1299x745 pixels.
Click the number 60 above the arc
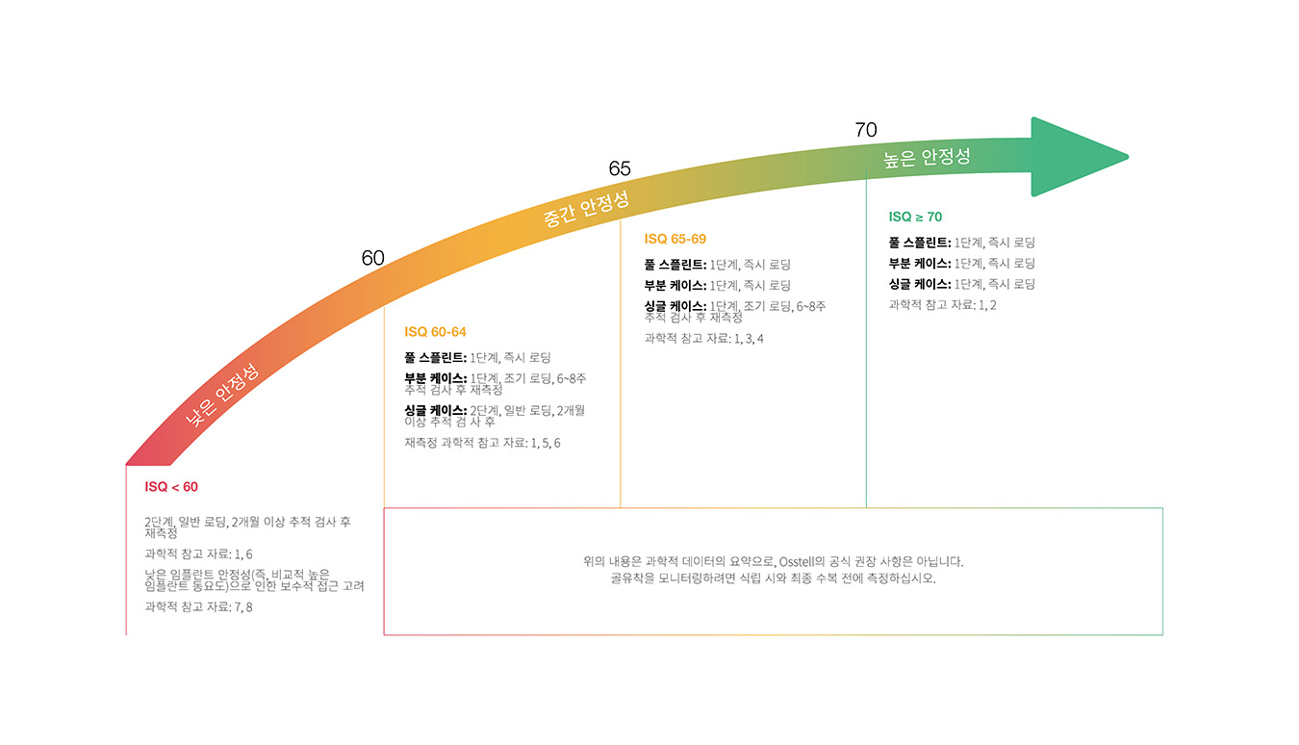tap(372, 258)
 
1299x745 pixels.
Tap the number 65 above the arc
tap(620, 168)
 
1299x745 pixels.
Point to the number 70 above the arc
tap(866, 130)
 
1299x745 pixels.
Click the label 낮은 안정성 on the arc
tap(223, 396)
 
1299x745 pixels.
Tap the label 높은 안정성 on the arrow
tap(927, 157)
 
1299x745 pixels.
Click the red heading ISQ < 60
tap(171, 487)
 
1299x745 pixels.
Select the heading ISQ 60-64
tap(435, 332)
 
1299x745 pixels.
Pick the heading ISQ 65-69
tap(675, 239)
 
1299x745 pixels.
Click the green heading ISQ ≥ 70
tap(915, 217)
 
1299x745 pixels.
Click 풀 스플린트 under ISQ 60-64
tap(435, 357)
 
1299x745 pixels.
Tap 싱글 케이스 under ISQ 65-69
tap(675, 306)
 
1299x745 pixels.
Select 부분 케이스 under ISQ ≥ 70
tap(919, 263)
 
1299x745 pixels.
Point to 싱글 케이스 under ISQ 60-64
tap(435, 410)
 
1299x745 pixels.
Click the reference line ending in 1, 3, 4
tap(703, 338)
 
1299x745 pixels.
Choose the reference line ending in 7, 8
tap(198, 606)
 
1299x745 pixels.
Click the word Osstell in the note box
tap(802, 561)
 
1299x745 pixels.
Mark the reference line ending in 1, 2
tap(942, 305)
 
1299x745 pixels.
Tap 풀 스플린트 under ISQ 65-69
tap(675, 264)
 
